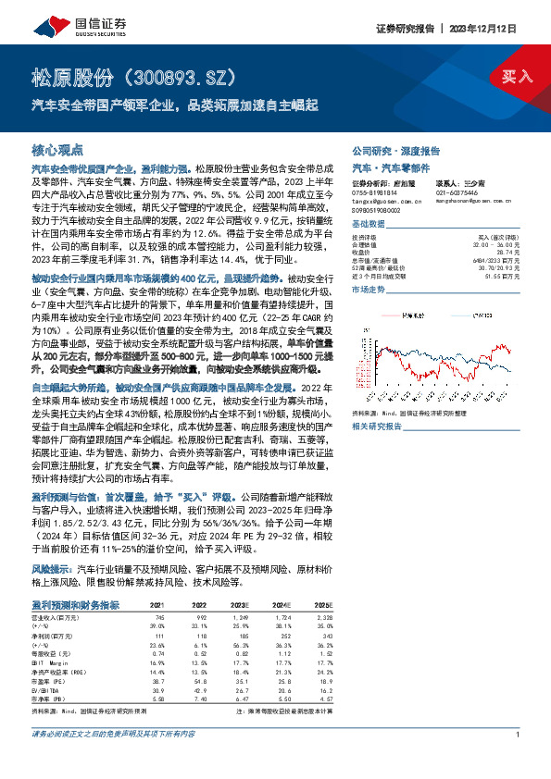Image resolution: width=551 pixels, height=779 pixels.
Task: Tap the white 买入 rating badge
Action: [517, 77]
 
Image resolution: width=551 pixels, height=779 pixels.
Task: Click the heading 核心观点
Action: [57, 149]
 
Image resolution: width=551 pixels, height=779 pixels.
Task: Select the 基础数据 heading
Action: [369, 225]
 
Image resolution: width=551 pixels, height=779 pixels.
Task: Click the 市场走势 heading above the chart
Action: [369, 290]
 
